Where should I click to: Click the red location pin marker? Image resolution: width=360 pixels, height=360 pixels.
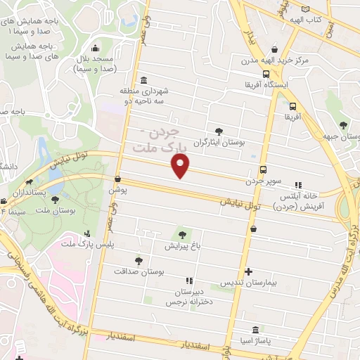[181, 167]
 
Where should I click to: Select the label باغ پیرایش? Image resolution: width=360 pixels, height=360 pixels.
[183, 247]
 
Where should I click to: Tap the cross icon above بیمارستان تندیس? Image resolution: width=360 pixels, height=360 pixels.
[247, 271]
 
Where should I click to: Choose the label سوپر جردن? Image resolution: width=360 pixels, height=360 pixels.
[264, 181]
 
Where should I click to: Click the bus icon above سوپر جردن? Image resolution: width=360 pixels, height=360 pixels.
[264, 169]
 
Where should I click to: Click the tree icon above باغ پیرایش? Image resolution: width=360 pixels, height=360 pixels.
[183, 235]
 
